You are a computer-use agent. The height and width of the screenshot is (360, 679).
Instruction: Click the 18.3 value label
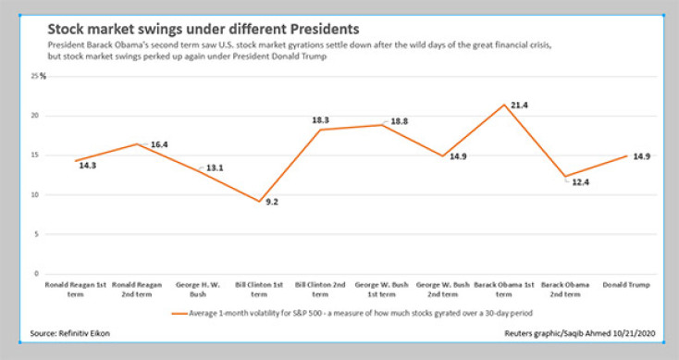322,120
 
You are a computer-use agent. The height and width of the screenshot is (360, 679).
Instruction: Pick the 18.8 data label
400,121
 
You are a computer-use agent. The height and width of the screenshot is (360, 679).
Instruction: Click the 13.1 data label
214,168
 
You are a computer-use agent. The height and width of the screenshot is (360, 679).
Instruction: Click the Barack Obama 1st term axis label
505,288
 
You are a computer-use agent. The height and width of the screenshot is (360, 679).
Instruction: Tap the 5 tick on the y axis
34,234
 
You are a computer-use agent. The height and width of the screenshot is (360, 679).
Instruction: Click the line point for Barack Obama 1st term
505,105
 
